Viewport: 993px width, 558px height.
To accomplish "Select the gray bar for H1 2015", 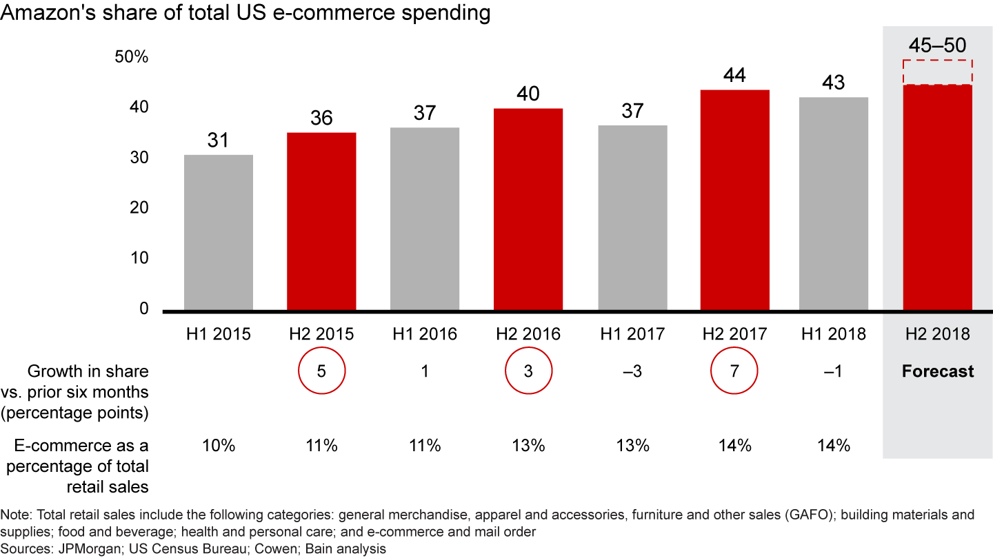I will point(218,232).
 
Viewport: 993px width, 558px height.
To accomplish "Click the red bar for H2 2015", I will point(321,221).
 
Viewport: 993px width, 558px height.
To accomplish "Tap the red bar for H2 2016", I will point(528,209).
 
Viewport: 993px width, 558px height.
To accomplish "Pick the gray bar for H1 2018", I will point(833,204).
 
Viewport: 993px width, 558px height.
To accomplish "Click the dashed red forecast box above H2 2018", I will point(937,72).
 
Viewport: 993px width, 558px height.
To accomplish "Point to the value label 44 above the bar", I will point(735,75).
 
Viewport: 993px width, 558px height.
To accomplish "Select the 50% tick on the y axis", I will point(131,57).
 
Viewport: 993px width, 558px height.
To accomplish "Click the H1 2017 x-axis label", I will point(632,334).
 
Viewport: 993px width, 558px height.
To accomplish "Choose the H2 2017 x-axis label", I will point(735,334).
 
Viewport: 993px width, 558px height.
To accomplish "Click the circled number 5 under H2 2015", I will point(321,371).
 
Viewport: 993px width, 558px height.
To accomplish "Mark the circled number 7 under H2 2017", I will point(735,371).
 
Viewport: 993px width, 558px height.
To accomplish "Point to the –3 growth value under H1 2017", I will point(632,371).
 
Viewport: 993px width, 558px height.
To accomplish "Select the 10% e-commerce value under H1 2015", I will point(218,446).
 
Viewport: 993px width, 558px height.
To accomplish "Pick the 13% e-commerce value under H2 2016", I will point(528,446).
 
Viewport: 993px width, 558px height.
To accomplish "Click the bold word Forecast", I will point(937,371).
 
